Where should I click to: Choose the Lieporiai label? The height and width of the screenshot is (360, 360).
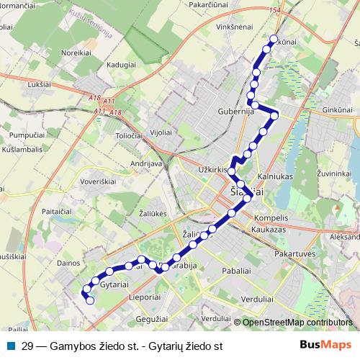pyautogui.click(x=143, y=297)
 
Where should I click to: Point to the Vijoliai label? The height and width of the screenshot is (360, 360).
pyautogui.click(x=160, y=132)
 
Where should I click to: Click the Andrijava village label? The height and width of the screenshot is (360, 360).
pyautogui.click(x=145, y=163)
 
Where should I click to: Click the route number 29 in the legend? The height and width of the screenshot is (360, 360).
pyautogui.click(x=27, y=346)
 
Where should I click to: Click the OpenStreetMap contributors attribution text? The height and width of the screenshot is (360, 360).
pyautogui.click(x=297, y=323)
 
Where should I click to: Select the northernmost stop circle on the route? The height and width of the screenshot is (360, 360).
pyautogui.click(x=273, y=40)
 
